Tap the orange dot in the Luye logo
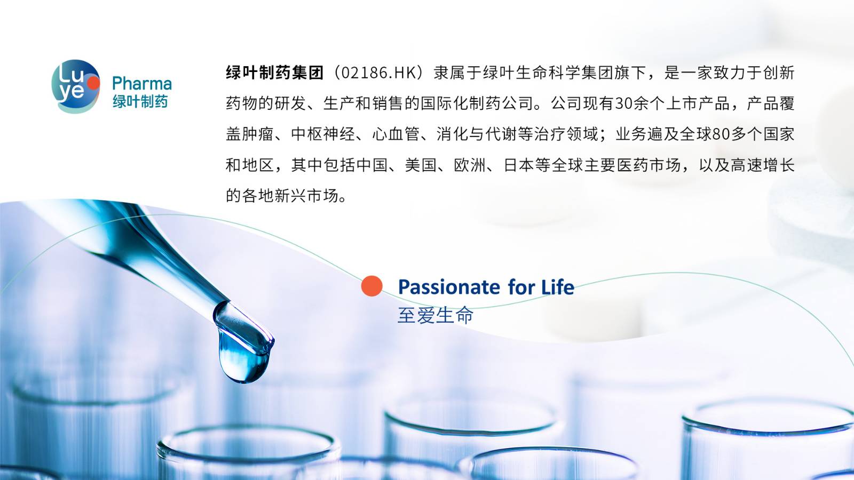click(x=93, y=83)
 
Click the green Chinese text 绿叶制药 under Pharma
click(x=140, y=102)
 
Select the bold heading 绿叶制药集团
click(x=274, y=73)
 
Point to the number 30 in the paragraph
click(x=624, y=103)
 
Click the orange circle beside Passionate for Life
click(x=371, y=286)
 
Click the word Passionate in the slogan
click(x=449, y=287)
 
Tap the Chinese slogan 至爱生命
click(x=436, y=315)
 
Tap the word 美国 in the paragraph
click(x=421, y=165)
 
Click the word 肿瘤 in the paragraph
click(x=258, y=134)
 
